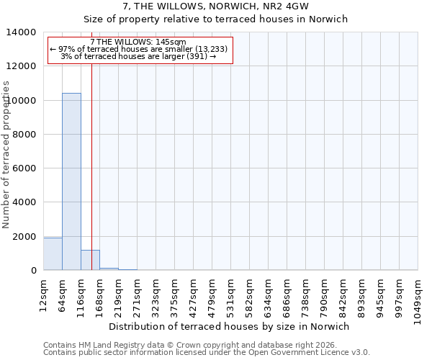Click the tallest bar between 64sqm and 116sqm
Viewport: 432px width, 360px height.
(x=71, y=181)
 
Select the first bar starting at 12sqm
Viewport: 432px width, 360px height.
(x=53, y=254)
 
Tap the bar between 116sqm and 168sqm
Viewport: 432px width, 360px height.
(x=90, y=261)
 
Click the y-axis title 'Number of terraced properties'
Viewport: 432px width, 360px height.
(x=6, y=154)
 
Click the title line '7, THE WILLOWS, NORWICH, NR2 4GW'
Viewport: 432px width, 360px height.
(x=216, y=6)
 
